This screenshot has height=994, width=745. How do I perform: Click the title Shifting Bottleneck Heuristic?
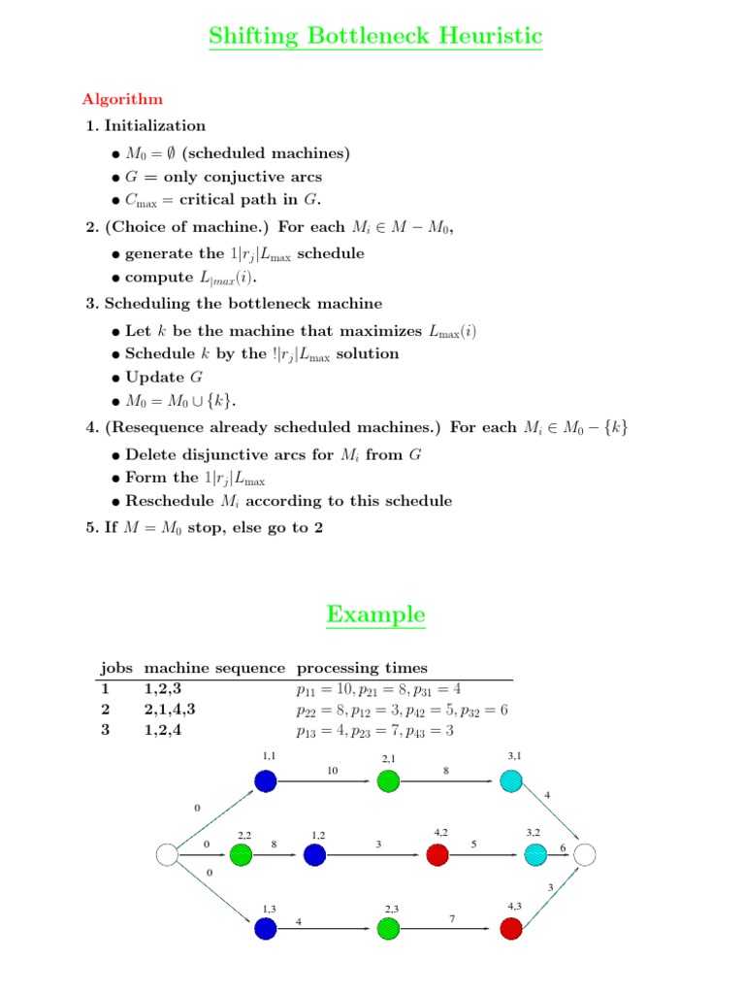pos(375,37)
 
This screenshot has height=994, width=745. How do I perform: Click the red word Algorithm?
pos(122,99)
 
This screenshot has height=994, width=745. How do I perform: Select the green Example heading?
pos(375,614)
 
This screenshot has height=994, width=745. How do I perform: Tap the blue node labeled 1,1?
pos(266,780)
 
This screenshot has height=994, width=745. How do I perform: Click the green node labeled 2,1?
pos(388,780)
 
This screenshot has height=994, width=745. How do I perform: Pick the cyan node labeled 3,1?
pos(511,780)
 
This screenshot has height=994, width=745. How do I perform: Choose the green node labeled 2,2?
pos(241,854)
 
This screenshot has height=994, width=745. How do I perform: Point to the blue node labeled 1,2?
pos(314,854)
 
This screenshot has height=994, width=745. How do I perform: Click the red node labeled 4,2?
pos(437,854)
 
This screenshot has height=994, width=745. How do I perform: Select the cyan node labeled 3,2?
pos(535,854)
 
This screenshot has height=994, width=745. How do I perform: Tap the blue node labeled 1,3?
pos(266,929)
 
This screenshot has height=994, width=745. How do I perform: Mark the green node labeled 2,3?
pos(388,929)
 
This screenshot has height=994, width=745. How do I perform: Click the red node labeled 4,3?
pos(511,929)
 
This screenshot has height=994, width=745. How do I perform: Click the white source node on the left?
pos(167,854)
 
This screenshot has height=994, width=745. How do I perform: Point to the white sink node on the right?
pos(584,854)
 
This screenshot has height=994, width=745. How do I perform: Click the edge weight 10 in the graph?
pos(331,771)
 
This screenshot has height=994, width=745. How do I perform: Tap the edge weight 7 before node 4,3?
pos(452,917)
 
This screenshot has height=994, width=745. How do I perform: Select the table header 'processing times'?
pos(362,668)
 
